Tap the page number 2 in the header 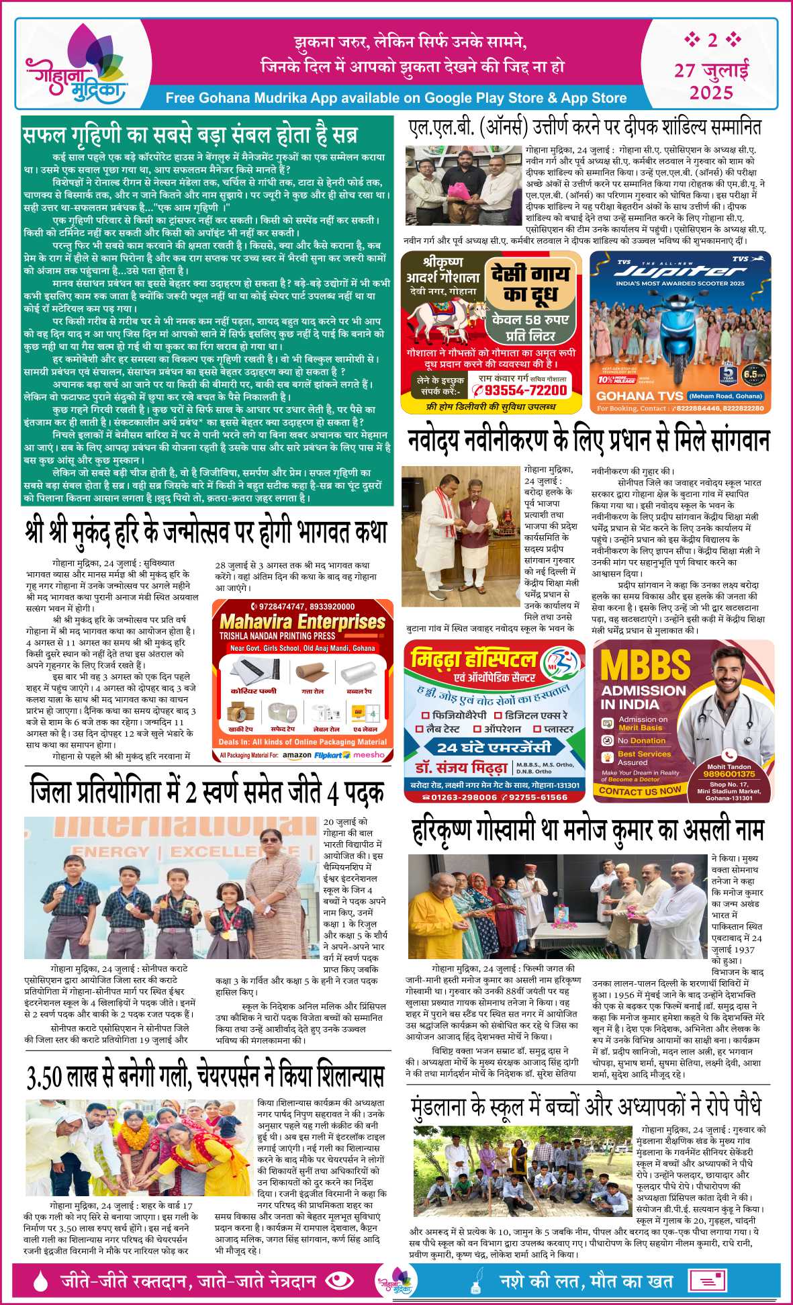coord(712,40)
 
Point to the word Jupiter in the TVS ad coord(680,271)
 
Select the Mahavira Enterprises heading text coord(302,621)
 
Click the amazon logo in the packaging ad coord(297,755)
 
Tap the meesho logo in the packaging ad coord(369,755)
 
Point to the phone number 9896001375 coord(729,774)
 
